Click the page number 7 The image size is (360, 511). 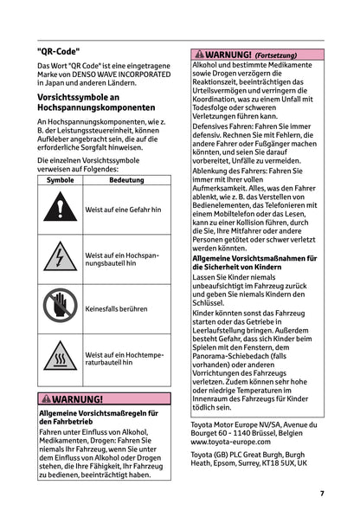[x=321, y=493]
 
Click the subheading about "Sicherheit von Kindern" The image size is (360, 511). [x=254, y=262]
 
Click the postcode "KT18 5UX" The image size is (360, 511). [x=290, y=463]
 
